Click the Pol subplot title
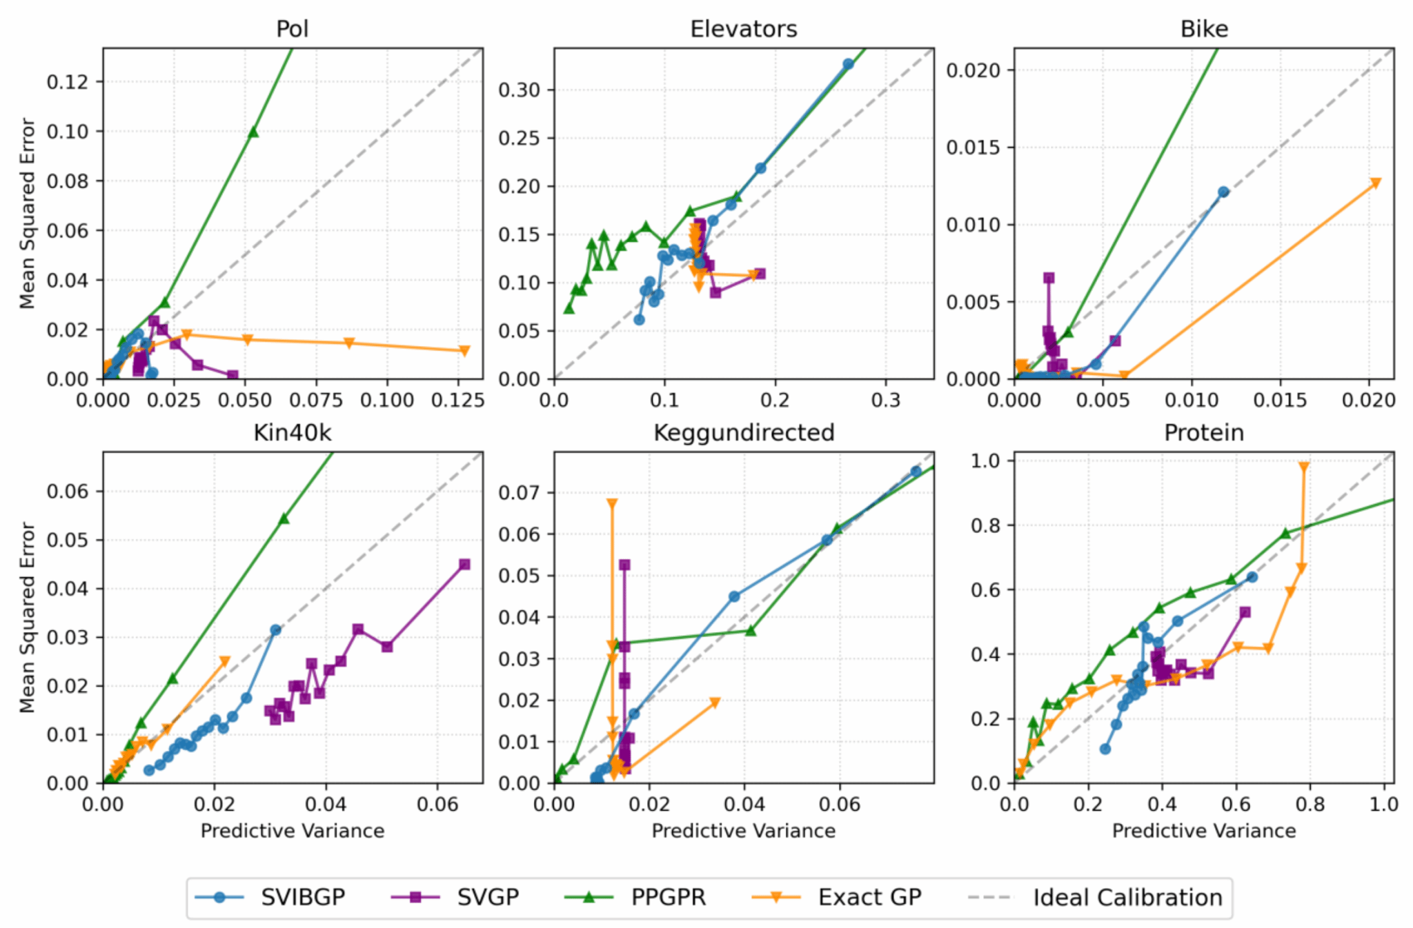click(x=293, y=29)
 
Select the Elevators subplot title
click(x=743, y=29)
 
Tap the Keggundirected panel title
click(x=743, y=433)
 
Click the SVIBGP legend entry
click(x=302, y=898)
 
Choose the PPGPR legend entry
click(x=668, y=898)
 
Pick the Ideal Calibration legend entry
click(x=1127, y=898)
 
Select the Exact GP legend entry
click(x=869, y=898)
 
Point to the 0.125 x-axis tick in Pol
click(x=457, y=401)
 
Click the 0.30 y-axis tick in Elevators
click(x=518, y=90)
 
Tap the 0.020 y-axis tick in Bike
click(x=973, y=70)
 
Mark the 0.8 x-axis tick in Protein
click(x=1310, y=805)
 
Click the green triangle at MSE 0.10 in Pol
click(x=253, y=132)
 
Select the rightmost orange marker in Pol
click(x=464, y=351)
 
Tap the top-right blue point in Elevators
click(x=848, y=64)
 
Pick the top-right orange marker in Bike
click(x=1376, y=183)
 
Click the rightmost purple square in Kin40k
click(x=464, y=565)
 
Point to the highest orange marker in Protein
click(x=1303, y=467)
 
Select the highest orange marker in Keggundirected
click(x=612, y=504)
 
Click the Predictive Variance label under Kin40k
click(x=293, y=831)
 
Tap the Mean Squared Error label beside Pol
click(x=28, y=213)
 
